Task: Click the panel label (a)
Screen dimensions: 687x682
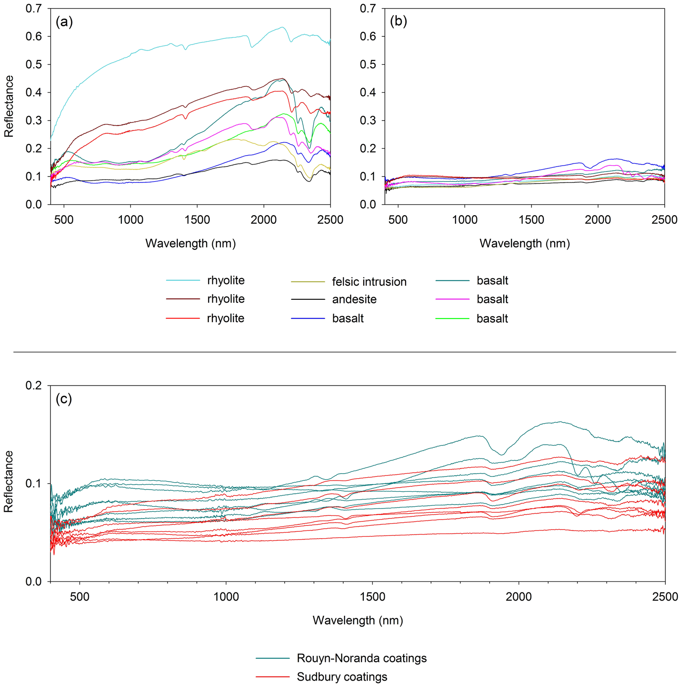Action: [x=64, y=22]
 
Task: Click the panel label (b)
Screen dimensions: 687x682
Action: [x=398, y=22]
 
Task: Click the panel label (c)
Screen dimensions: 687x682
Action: [x=64, y=399]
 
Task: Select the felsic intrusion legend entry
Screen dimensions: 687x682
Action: [x=369, y=282]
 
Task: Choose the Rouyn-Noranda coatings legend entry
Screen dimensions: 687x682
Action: [x=361, y=658]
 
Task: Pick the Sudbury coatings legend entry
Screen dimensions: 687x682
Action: [x=342, y=677]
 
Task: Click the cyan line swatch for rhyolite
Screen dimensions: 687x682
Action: [x=183, y=281]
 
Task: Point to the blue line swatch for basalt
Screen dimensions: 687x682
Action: [x=308, y=318]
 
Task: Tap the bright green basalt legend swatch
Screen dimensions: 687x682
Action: [x=452, y=318]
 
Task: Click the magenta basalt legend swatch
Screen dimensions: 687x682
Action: [x=452, y=299]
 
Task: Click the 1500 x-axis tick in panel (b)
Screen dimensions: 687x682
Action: [x=531, y=220]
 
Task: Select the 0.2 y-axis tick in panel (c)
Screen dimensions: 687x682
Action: [x=33, y=385]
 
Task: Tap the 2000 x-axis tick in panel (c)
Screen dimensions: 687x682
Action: [x=519, y=596]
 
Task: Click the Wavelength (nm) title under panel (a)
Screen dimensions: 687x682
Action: [x=191, y=243]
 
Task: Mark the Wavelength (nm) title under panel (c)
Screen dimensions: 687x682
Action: [x=358, y=620]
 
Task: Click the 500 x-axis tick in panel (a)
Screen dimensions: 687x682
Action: [x=64, y=220]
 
